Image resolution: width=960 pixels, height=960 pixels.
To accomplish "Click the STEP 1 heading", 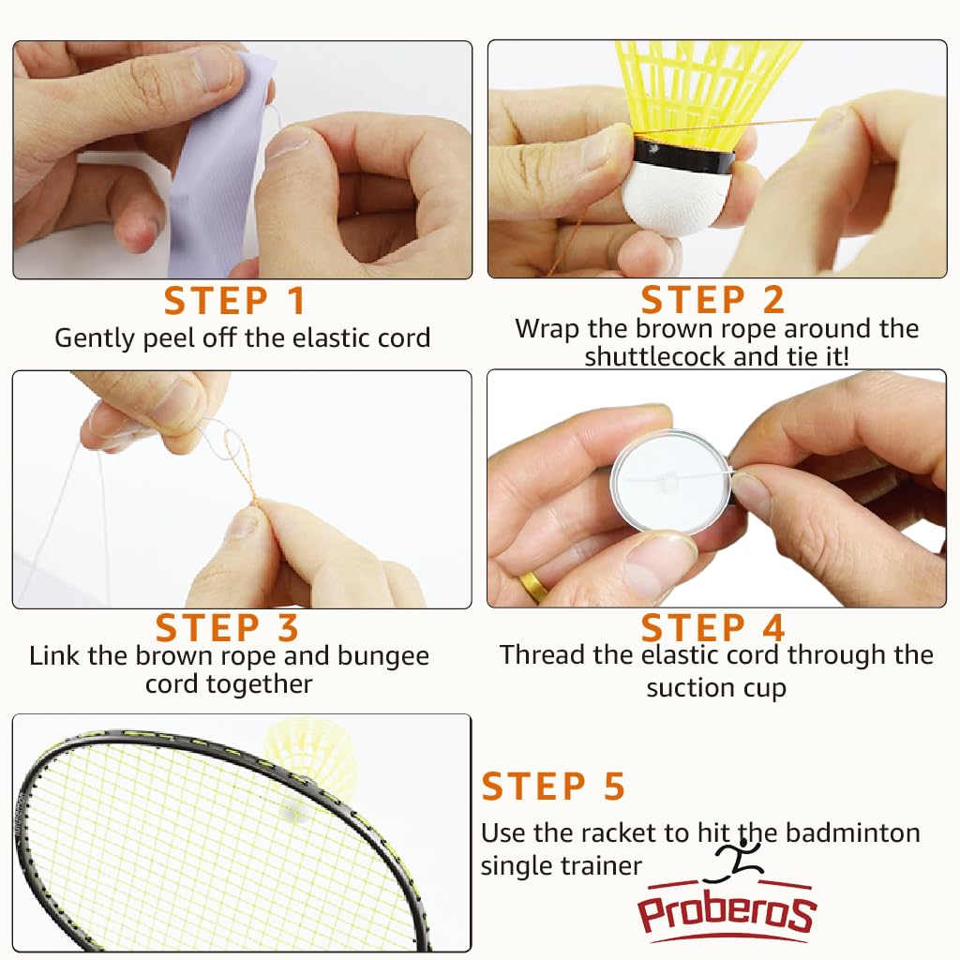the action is (234, 301).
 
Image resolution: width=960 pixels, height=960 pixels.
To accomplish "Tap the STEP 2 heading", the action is (712, 299).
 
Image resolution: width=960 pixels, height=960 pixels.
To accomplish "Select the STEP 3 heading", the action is (227, 627).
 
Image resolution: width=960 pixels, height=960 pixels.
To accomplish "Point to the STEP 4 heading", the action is (713, 627).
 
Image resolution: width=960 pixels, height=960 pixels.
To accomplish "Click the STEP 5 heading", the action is (553, 787).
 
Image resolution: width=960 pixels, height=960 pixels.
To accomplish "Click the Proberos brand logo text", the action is (727, 912).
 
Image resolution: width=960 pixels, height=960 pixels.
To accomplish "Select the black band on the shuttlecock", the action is (684, 157).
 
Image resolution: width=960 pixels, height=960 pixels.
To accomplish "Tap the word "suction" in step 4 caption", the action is (691, 687).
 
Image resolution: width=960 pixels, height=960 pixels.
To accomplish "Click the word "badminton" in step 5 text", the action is (853, 832).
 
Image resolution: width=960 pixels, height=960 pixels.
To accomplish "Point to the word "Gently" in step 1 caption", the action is (95, 338).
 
